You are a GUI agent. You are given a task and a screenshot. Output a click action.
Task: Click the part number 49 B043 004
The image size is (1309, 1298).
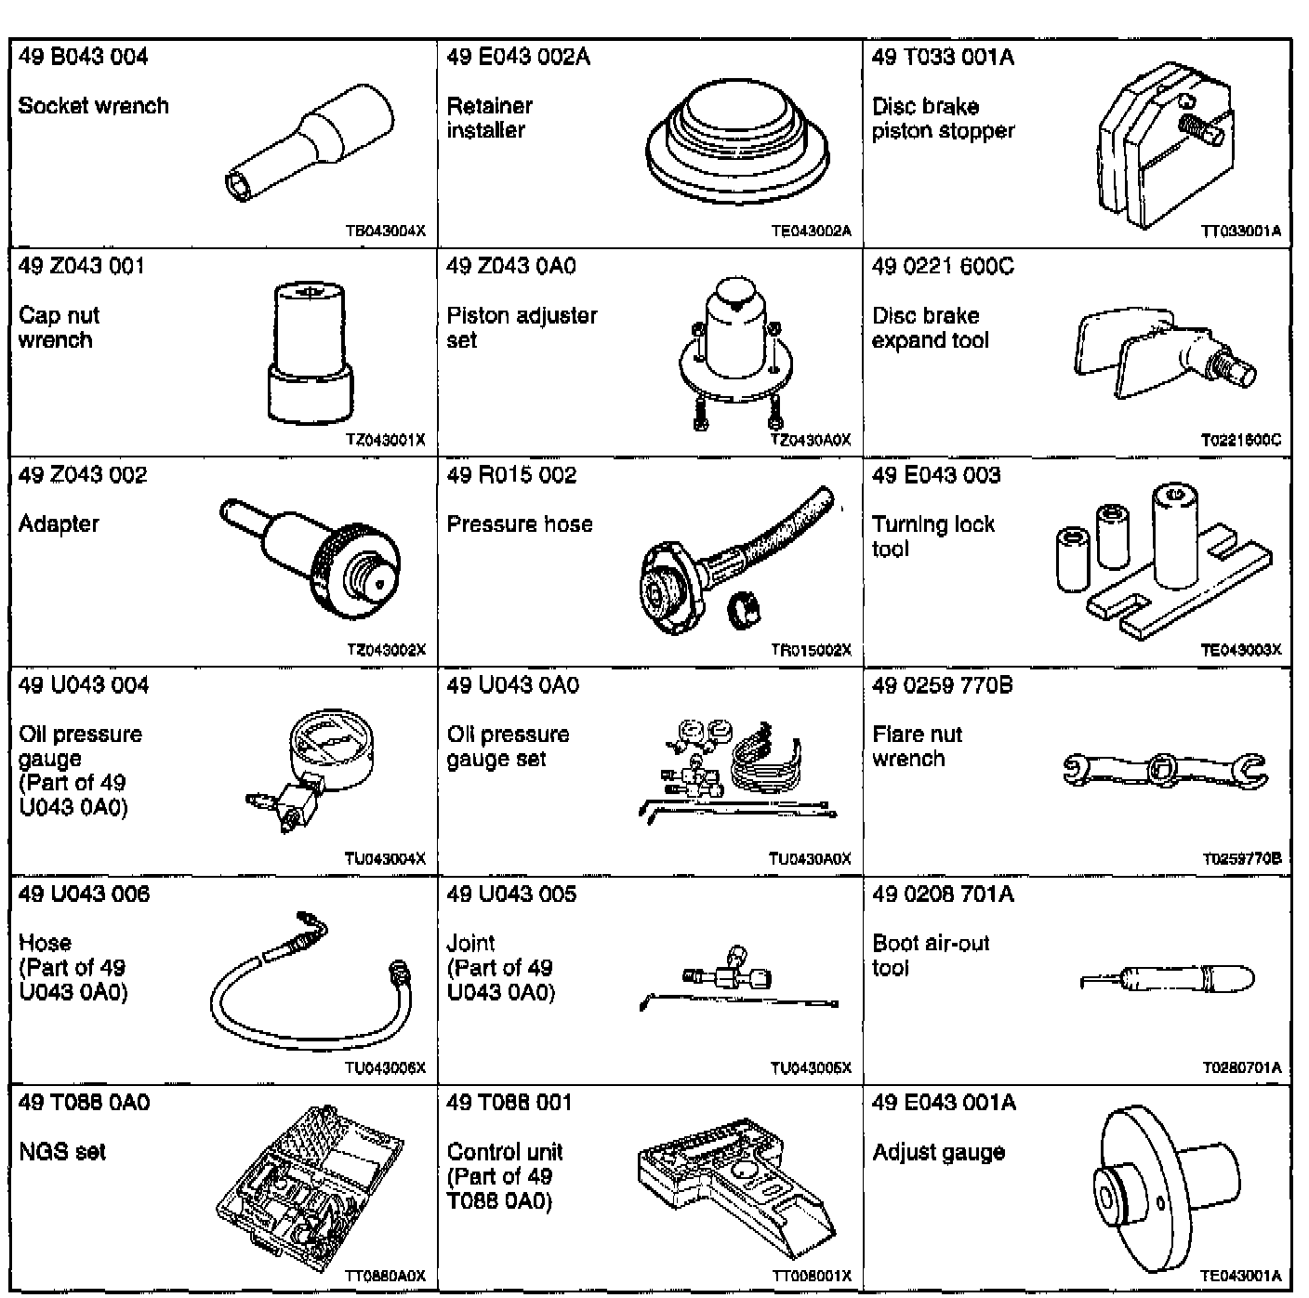83,58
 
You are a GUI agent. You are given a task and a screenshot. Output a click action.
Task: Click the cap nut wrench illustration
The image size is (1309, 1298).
311,353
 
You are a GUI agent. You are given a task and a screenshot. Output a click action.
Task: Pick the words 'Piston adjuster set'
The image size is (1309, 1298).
522,327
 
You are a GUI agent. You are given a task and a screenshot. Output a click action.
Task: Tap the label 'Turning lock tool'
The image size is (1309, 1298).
932,536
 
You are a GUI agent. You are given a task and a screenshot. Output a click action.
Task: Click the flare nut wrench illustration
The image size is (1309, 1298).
1163,768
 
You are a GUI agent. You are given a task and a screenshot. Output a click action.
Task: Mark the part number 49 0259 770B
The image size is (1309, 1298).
942,686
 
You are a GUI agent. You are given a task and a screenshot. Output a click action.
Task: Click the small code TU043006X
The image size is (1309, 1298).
385,1068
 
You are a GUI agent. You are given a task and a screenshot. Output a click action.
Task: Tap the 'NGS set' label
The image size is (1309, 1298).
62,1152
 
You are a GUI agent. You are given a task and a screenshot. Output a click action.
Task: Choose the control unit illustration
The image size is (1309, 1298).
734,1189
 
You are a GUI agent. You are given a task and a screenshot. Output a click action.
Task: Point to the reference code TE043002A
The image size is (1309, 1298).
811,232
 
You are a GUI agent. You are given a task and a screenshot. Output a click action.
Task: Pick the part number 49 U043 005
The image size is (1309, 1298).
511,894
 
